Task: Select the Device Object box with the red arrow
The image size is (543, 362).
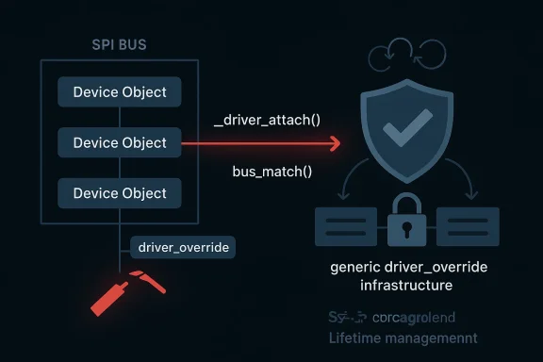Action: click(119, 143)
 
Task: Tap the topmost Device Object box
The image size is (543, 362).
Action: click(119, 92)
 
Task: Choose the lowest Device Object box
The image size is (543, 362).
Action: click(119, 193)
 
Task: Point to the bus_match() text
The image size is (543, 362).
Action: click(271, 173)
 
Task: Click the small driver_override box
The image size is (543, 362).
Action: click(184, 247)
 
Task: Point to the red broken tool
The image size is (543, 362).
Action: click(118, 293)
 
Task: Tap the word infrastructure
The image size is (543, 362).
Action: click(393, 284)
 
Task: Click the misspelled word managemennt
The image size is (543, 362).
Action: click(432, 337)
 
